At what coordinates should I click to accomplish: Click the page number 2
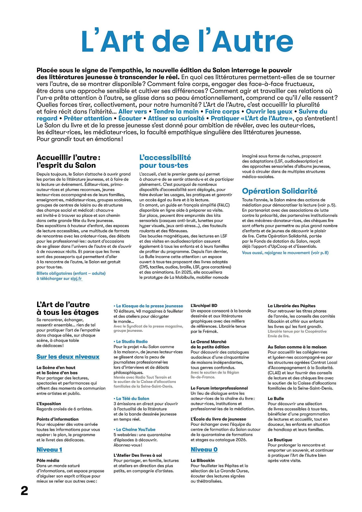[x=24, y=491]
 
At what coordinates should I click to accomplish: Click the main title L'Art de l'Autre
[x=187, y=41]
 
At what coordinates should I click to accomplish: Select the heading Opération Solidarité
[x=280, y=191]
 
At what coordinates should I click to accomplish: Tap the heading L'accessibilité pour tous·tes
[x=165, y=161]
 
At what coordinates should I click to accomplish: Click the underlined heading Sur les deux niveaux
[x=68, y=357]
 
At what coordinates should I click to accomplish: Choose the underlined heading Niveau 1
[x=49, y=450]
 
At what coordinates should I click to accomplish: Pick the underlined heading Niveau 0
[x=204, y=450]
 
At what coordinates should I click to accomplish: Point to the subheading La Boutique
[x=280, y=440]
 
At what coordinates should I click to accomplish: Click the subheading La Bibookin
[x=203, y=460]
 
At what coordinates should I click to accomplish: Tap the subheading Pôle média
[x=48, y=460]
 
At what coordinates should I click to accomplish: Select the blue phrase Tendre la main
[x=176, y=112]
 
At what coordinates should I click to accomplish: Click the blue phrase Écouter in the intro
[x=130, y=119]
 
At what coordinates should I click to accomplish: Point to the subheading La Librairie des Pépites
[x=291, y=306]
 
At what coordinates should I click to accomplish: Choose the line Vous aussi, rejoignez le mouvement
[x=285, y=253]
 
